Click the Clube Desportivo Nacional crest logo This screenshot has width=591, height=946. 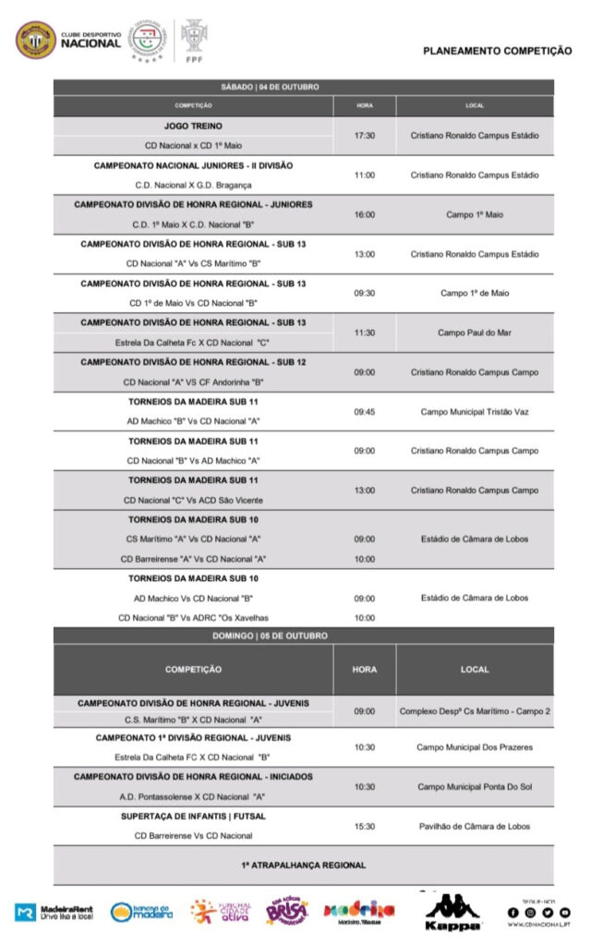(36, 40)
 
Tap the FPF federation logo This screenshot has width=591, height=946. (194, 42)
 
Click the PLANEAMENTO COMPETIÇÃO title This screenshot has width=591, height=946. (497, 52)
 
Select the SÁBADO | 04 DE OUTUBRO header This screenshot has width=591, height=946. (303, 87)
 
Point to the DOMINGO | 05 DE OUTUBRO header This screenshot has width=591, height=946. (303, 636)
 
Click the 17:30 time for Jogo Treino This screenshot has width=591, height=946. (365, 135)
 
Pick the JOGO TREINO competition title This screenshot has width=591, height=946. (193, 125)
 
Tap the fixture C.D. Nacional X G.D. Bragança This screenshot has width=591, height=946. (193, 185)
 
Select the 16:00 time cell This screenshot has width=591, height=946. (365, 214)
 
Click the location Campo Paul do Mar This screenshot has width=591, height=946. (475, 333)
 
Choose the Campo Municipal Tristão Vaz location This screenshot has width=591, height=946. (475, 412)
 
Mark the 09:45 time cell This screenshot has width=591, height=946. (365, 412)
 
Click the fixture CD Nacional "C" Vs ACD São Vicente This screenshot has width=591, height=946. (193, 500)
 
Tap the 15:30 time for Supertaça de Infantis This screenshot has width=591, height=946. (365, 826)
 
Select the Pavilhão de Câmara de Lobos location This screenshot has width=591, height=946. (475, 826)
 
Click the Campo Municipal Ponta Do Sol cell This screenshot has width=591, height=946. (475, 786)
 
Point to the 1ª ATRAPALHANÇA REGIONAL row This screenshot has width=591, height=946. (303, 865)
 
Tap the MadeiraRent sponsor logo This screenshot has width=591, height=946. (55, 912)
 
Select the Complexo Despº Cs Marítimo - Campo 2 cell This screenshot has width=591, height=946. (475, 711)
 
